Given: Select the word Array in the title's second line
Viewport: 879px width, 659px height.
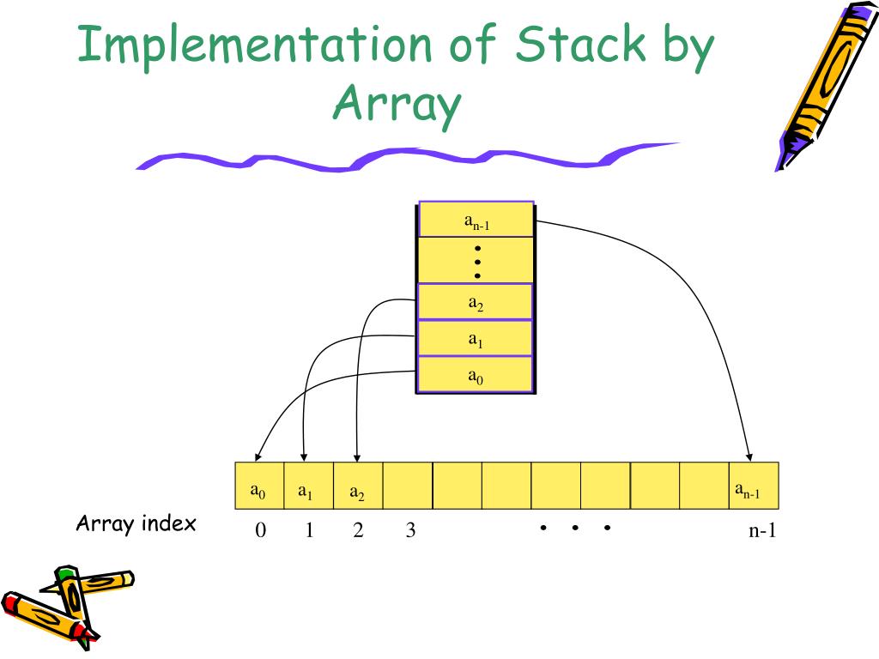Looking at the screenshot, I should (397, 105).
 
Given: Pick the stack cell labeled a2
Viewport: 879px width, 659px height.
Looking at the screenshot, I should (476, 302).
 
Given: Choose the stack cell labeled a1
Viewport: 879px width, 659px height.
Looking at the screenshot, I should (476, 339).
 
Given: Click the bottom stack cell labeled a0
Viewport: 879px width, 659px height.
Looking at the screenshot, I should (476, 375).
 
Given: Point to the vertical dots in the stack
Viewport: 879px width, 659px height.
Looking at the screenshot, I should (477, 261).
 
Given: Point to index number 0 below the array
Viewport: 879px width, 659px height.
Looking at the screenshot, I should (260, 531).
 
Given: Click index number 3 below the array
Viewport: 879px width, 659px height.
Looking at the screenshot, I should (410, 531).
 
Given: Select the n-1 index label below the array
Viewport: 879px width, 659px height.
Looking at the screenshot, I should (761, 531).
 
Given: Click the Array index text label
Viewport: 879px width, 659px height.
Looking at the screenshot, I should (136, 523).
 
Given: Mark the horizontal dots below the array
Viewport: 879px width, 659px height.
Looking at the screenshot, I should (574, 528).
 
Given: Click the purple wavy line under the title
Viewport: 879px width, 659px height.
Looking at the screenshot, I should (403, 158).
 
